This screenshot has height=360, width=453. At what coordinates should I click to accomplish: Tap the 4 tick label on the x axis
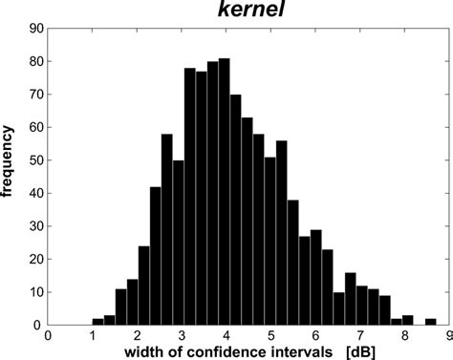[x=226, y=334]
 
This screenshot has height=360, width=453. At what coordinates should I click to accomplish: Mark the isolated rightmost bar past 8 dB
[x=431, y=322]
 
